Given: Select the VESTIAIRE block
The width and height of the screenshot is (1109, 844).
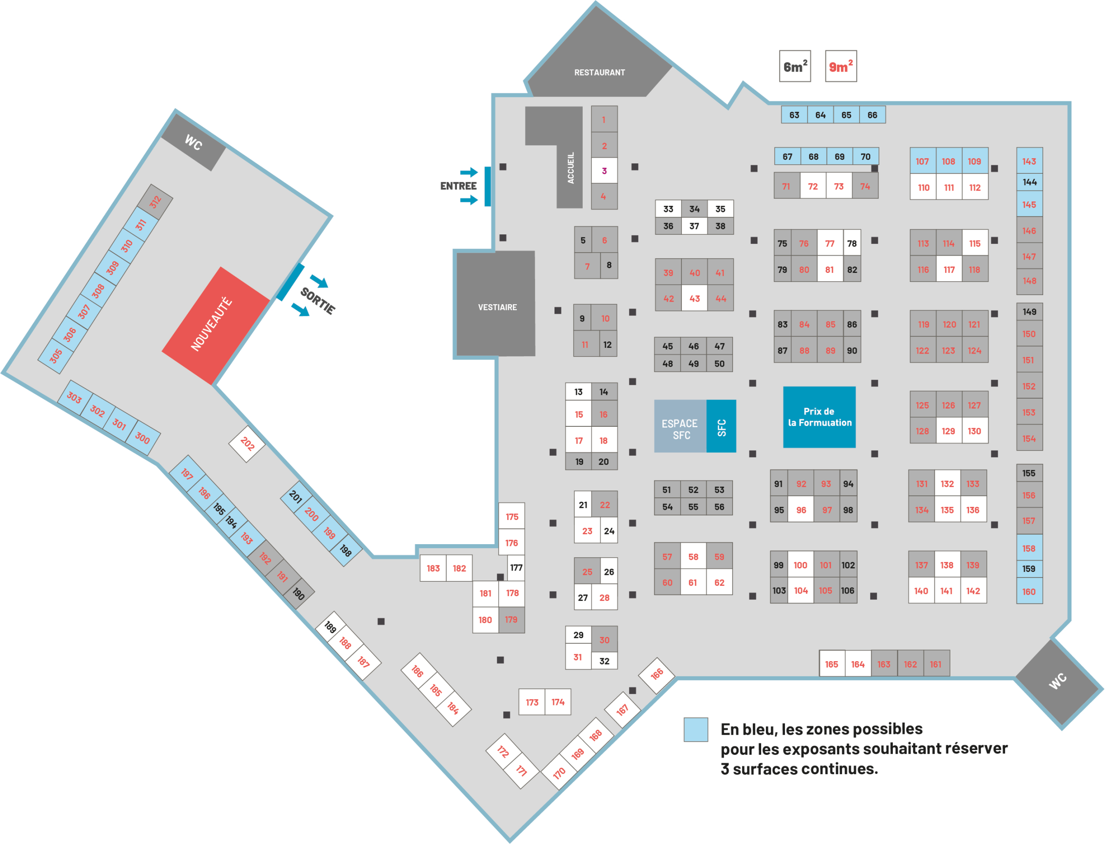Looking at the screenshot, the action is pos(496,304).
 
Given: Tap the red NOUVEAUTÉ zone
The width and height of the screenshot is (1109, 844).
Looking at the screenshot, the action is pos(216,325).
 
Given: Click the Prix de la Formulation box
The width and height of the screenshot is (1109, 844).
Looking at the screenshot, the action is pos(820,417).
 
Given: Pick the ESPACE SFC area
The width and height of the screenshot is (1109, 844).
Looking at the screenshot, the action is pos(681,426).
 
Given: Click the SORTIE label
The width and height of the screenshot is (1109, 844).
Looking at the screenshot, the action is pos(318,301).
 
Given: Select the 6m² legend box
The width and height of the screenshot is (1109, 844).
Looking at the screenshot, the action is pos(795,66).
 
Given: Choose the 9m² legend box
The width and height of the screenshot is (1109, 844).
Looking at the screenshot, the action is pos(841,66).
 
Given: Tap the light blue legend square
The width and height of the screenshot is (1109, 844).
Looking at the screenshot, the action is pos(696,730).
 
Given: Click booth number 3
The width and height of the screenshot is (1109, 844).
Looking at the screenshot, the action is pos(604,171).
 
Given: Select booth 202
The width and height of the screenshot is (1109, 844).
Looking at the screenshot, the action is pos(247,444).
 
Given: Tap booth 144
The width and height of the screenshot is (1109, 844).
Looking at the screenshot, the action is pos(1030,182).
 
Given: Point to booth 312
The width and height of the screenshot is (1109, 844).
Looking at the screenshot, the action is pos(155,202).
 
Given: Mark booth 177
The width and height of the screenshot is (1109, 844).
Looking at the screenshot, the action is pos(516,568).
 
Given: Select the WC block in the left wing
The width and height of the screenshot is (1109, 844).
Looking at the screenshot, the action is pos(193,143).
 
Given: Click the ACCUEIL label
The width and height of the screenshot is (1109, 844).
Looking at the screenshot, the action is pos(571,168).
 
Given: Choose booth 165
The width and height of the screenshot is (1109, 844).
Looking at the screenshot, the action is pos(832,664).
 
